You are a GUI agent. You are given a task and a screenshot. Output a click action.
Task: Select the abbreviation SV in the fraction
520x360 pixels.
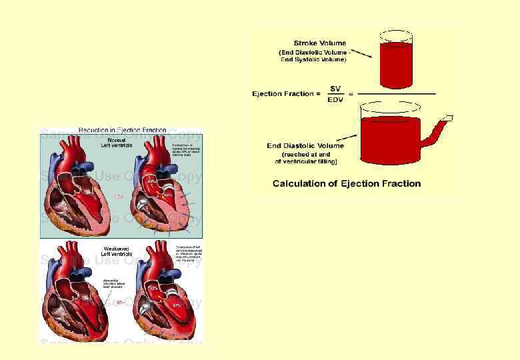click(335, 89)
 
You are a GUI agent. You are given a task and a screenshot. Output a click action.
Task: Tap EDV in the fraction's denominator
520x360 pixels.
click(335, 99)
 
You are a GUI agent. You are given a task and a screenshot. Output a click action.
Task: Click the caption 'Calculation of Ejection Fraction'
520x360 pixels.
click(347, 183)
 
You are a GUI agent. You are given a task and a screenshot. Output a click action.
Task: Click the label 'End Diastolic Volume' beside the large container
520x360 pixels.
click(305, 145)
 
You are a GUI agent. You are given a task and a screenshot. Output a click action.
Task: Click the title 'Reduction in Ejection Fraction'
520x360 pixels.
click(122, 130)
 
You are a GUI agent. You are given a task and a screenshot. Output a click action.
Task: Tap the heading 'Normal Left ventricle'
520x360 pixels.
click(117, 142)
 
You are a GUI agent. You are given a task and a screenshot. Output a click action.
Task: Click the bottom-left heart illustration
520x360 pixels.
click(77, 297)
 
